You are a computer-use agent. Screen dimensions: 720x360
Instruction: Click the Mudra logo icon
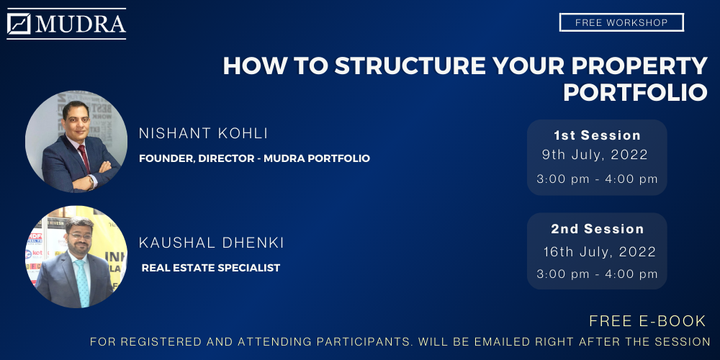point(19,24)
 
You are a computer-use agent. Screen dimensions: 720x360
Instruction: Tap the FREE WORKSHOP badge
point(621,22)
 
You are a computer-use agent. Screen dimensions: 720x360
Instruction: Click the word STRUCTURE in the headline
point(410,66)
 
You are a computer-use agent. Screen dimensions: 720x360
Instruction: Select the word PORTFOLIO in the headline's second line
point(635,92)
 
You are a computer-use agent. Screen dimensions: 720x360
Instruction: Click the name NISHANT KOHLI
point(204,134)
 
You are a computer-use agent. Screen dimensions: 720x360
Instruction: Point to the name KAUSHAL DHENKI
point(211,243)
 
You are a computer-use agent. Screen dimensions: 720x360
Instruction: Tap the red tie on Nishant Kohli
point(84,159)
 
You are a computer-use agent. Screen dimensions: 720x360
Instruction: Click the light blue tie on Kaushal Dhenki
point(82,282)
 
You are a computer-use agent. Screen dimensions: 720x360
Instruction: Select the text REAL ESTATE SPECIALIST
point(211,268)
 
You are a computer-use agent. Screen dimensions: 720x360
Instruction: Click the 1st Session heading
point(597,135)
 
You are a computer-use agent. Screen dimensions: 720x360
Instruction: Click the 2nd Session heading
point(598,229)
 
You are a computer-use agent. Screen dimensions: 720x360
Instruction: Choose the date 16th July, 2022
point(599,252)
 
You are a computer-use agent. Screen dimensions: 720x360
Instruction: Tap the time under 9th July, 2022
point(597,179)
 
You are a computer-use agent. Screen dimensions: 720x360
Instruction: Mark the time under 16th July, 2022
point(597,274)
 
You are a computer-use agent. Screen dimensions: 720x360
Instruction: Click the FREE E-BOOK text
point(647,321)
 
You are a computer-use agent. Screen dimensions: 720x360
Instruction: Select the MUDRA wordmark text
point(81,24)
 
